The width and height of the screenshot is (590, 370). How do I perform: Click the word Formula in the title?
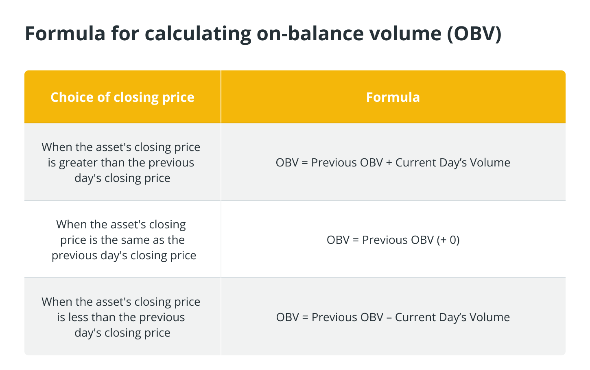[65, 33]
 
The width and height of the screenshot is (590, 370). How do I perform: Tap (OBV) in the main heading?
[474, 34]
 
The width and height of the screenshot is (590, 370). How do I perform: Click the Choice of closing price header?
[122, 97]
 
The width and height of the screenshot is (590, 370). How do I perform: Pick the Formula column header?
[393, 97]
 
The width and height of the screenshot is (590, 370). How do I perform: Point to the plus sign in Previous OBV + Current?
[389, 163]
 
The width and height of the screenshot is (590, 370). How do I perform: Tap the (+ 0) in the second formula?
[448, 240]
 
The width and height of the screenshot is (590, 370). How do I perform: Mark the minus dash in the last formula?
[389, 318]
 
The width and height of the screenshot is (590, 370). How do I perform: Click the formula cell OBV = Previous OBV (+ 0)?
[393, 240]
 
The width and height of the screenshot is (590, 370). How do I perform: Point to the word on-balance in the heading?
[310, 33]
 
